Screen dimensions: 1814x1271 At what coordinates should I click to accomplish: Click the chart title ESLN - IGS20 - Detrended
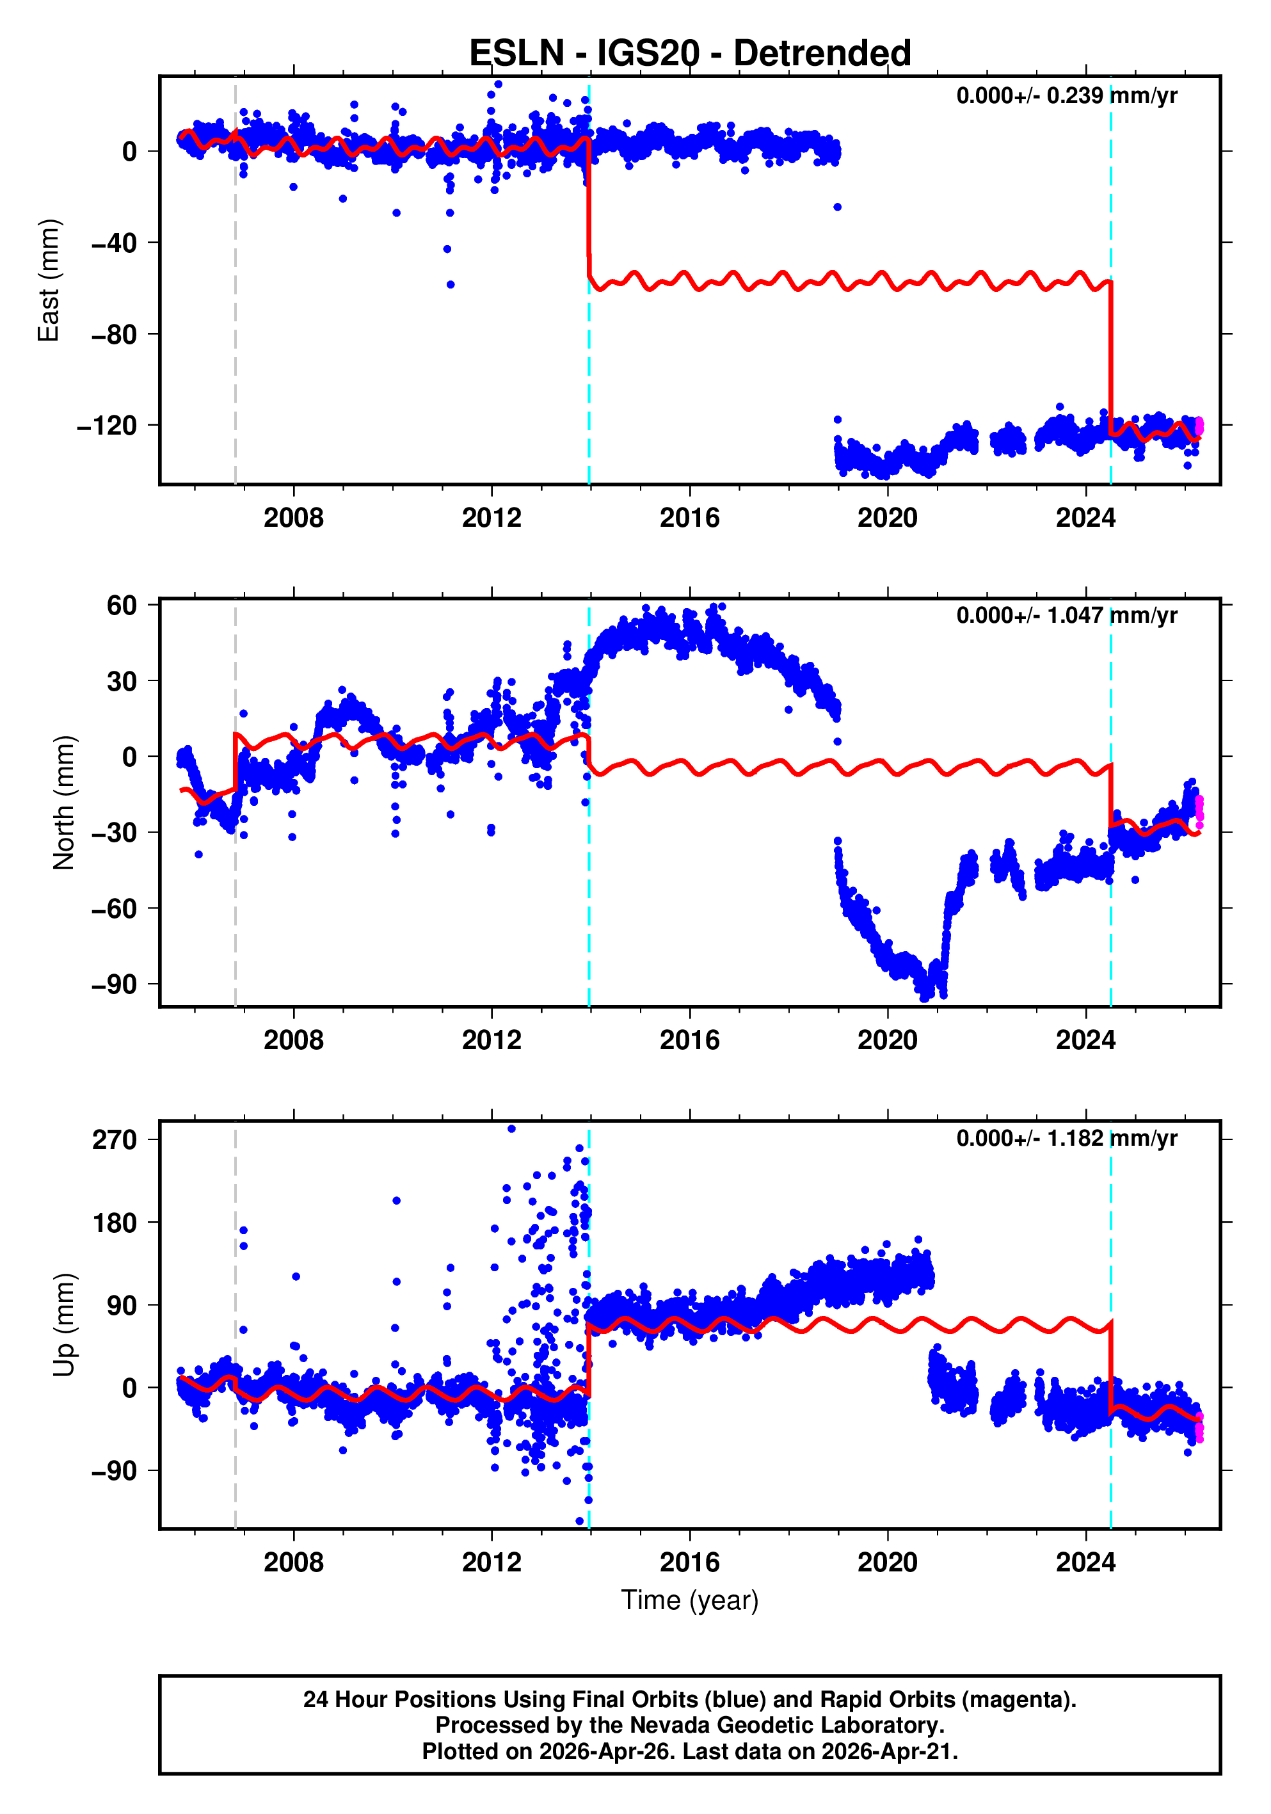(690, 54)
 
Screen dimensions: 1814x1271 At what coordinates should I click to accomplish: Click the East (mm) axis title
(49, 280)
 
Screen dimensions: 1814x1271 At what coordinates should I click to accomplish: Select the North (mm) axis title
(64, 803)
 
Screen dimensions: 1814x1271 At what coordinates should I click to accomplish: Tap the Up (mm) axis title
(64, 1325)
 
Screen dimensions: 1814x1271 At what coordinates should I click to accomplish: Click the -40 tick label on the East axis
(114, 243)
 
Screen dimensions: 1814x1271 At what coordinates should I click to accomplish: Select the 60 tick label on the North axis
(122, 606)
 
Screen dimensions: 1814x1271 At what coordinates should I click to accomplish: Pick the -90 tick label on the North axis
(114, 984)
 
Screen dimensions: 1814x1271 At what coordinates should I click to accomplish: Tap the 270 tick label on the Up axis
(115, 1140)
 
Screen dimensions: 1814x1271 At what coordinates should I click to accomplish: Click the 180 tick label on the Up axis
(115, 1223)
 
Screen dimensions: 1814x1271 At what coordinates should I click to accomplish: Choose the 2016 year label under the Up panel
(690, 1562)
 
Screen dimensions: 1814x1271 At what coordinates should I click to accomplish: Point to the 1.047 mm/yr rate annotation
(1066, 616)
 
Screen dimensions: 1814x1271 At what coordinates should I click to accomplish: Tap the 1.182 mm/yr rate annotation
(1066, 1139)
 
